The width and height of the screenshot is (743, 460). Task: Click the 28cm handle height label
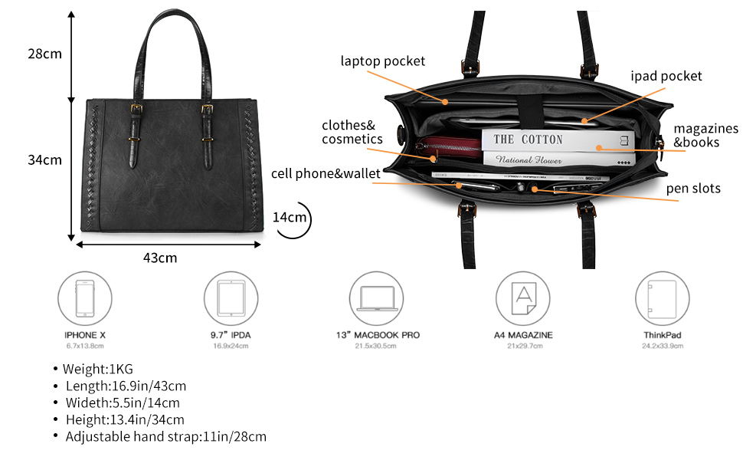[x=44, y=54]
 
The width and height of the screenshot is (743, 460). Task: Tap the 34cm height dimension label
[x=44, y=160]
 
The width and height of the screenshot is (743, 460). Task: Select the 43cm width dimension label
[x=159, y=258]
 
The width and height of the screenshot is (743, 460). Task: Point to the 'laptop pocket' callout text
[x=382, y=61]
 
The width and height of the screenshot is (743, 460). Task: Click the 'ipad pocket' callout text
[x=666, y=76]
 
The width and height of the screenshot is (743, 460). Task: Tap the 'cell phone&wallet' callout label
[x=326, y=173]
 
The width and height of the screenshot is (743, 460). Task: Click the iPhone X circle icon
[x=85, y=297]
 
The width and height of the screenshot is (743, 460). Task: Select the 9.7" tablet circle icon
[x=231, y=297]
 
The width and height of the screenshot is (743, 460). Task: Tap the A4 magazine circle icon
[x=523, y=297]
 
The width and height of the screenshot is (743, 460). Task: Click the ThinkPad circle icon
[x=662, y=297]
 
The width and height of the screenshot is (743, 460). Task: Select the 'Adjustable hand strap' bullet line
[x=165, y=436]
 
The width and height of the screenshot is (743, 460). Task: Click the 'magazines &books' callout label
[x=705, y=135]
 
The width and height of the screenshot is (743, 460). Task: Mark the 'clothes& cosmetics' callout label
[x=352, y=132]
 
